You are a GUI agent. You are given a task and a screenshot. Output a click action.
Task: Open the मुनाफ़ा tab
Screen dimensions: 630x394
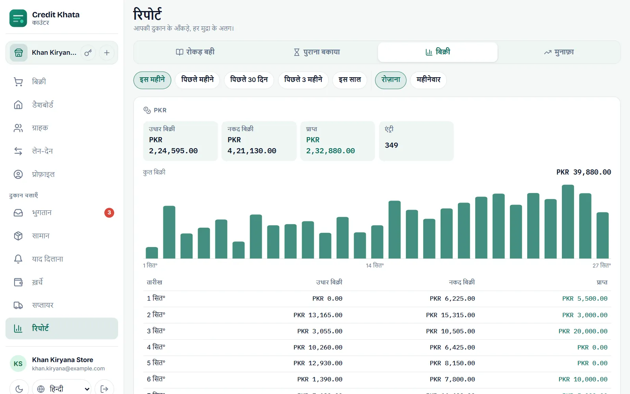559,52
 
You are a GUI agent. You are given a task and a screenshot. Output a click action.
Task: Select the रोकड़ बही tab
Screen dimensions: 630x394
195,52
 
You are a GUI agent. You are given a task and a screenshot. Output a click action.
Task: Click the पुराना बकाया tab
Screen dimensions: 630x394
317,52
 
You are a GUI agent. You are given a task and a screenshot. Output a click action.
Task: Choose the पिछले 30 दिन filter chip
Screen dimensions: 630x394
248,80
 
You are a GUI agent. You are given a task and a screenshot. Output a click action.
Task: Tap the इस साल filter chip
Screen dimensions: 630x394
350,80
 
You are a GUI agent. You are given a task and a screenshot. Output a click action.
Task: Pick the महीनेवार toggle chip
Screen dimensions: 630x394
428,80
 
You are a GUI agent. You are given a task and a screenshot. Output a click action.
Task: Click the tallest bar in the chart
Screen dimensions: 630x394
567,221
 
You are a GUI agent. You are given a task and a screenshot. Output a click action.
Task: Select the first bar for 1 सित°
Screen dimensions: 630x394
152,253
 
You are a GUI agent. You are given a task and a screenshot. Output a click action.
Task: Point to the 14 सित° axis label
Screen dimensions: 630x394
374,266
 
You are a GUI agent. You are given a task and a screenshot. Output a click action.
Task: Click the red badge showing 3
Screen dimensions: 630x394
109,212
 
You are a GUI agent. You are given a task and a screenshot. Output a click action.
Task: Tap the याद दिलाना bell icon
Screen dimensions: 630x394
18,259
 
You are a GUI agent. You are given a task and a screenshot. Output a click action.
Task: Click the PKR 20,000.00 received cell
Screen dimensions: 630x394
583,331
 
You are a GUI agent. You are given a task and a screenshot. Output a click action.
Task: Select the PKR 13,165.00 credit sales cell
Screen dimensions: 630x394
318,315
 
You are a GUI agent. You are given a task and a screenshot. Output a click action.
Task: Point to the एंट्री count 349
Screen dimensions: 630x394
391,145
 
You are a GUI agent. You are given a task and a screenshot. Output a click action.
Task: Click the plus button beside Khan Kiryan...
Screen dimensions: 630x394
107,53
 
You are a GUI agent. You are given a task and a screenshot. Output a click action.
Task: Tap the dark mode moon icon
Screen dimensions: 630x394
19,389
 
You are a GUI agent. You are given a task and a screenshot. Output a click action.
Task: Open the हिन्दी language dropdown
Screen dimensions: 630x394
61,389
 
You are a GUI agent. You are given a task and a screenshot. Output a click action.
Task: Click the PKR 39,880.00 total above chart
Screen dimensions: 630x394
584,172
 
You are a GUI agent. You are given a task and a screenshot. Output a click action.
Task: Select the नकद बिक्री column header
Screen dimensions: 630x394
461,282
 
